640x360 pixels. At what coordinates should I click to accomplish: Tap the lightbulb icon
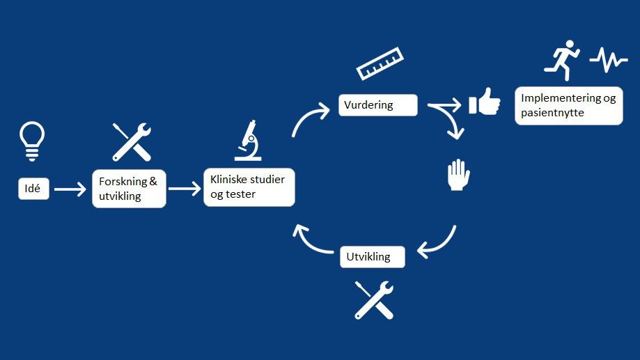point(33,141)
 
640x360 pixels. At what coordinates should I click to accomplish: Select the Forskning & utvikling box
point(129,188)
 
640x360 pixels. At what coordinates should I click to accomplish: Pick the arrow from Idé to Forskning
point(70,189)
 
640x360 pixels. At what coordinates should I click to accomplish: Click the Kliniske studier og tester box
point(249,187)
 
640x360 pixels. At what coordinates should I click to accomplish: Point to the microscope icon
point(247,141)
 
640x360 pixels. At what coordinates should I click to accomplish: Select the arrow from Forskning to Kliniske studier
point(184,188)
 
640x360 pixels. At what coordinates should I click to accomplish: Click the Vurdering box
point(379,105)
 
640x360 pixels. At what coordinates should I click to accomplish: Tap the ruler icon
point(380,64)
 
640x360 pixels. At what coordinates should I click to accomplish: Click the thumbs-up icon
point(485,102)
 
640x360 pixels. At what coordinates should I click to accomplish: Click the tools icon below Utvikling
point(374,299)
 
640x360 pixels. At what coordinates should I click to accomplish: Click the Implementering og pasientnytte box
point(568,106)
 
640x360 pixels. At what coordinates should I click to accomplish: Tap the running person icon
point(562,60)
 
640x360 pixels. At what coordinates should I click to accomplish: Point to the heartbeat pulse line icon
point(608,61)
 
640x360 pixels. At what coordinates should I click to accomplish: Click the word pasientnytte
point(552,112)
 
